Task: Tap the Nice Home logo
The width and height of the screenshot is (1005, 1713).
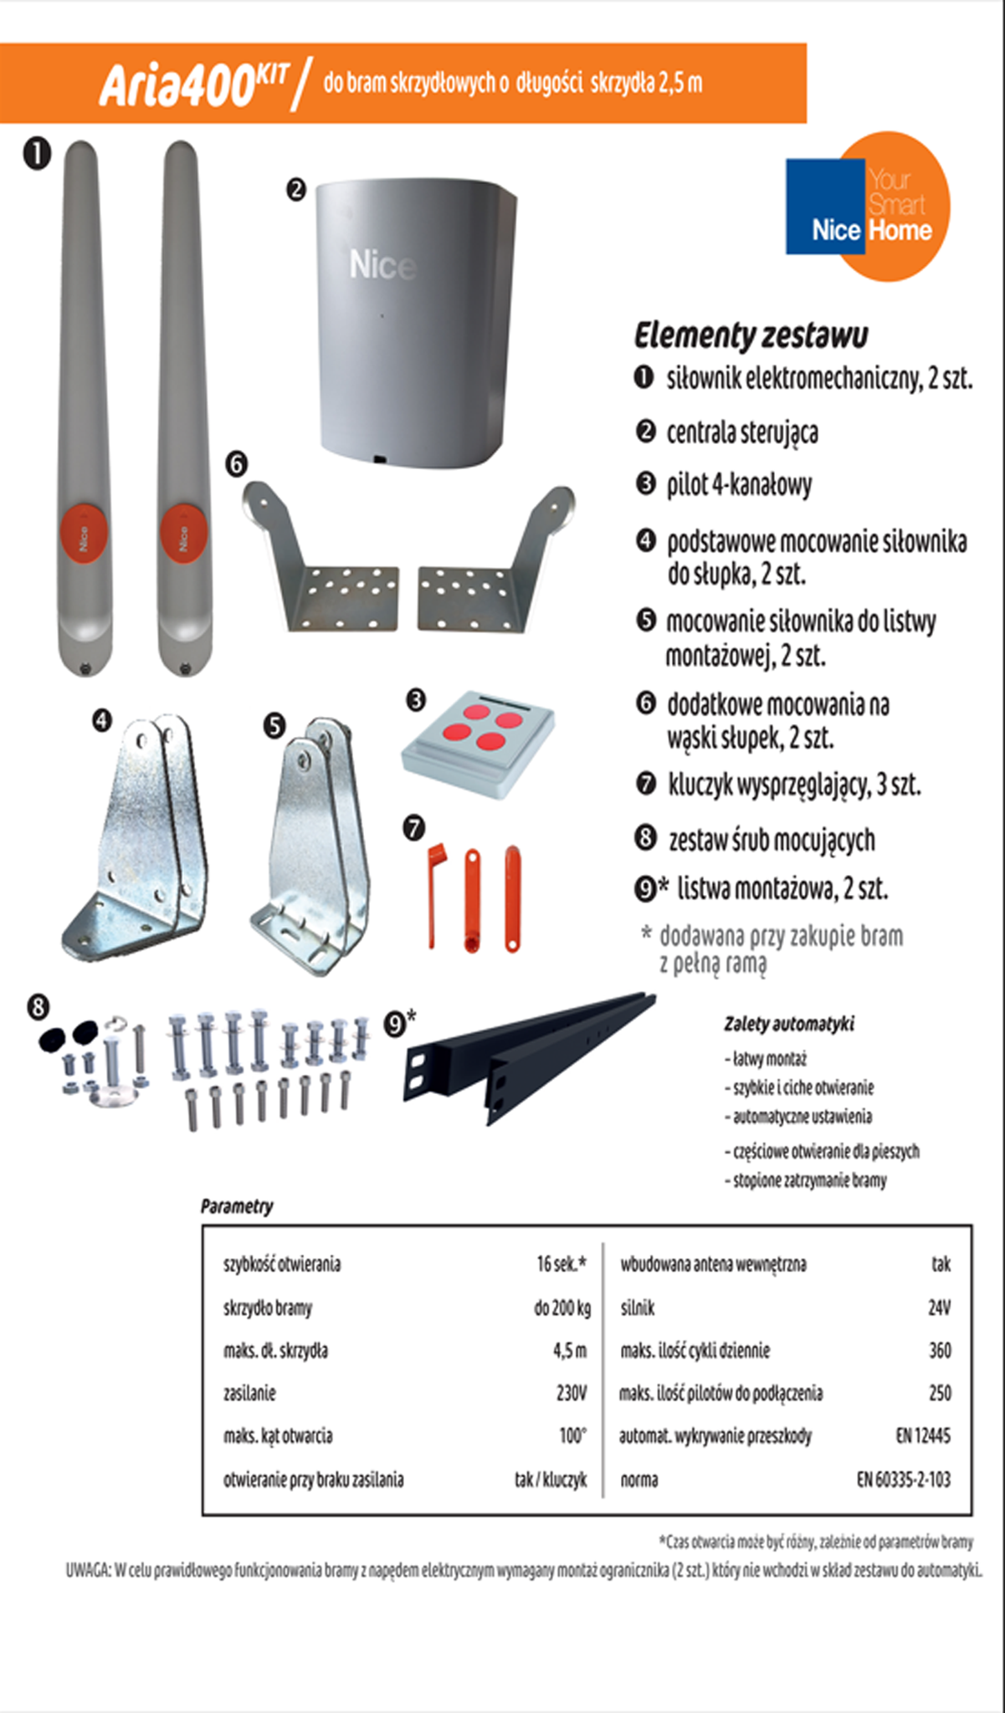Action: pyautogui.click(x=868, y=206)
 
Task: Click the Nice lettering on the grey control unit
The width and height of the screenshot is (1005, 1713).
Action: pyautogui.click(x=382, y=265)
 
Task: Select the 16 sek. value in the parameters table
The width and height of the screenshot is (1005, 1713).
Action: pyautogui.click(x=561, y=1264)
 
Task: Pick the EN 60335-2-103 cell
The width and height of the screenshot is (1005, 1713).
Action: pyautogui.click(x=904, y=1480)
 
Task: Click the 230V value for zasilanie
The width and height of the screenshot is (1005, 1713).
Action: pyautogui.click(x=572, y=1393)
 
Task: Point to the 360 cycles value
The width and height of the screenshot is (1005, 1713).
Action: pyautogui.click(x=940, y=1350)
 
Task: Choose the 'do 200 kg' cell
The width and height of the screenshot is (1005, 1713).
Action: pyautogui.click(x=562, y=1307)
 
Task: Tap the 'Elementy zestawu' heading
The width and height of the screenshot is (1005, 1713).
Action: pyautogui.click(x=751, y=335)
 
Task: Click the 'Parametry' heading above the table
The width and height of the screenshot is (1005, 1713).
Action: pyautogui.click(x=237, y=1206)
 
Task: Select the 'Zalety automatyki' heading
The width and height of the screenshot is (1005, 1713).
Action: pyautogui.click(x=789, y=1024)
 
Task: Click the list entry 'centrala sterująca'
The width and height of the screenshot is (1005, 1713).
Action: pyautogui.click(x=742, y=433)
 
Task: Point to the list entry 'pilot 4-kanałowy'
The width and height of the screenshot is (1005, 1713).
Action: pyautogui.click(x=739, y=485)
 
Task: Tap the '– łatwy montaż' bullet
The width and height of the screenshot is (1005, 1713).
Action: pyautogui.click(x=766, y=1059)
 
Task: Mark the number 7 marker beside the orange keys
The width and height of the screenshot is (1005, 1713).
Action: pyautogui.click(x=414, y=828)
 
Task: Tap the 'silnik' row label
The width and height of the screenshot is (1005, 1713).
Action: pyautogui.click(x=638, y=1307)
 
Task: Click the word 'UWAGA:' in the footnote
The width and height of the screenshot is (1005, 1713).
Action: pyautogui.click(x=88, y=1571)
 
